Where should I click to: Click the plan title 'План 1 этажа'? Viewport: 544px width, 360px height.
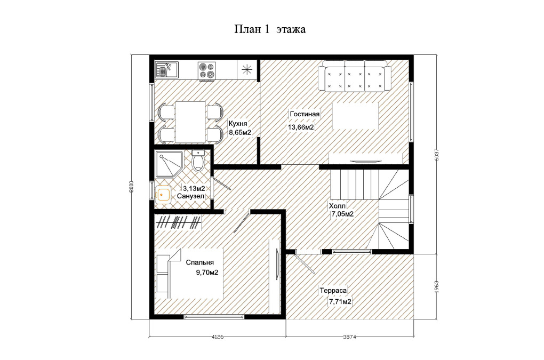click(270, 29)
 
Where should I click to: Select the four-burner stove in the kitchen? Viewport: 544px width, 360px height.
click(207, 70)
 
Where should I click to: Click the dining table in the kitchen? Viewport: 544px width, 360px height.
click(190, 122)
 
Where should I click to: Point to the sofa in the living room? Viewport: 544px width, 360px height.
click(355, 76)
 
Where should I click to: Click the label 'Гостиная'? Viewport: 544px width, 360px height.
click(305, 114)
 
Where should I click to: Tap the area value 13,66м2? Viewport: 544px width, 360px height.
click(301, 127)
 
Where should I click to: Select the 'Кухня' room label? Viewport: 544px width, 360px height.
click(238, 124)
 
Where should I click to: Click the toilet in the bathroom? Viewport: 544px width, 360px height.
click(198, 161)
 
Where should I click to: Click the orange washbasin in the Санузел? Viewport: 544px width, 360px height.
click(163, 195)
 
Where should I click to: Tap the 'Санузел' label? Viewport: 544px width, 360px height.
click(190, 196)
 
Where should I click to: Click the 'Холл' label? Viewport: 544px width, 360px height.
click(337, 206)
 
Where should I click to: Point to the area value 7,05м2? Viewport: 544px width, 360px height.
click(342, 214)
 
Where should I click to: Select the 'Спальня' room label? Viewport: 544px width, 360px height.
click(200, 262)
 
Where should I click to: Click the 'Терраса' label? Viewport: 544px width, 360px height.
click(333, 290)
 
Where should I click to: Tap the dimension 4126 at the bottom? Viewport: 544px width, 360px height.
click(218, 337)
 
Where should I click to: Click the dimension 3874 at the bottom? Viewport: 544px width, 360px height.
click(350, 337)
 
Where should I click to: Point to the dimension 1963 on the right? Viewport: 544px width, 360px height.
click(437, 287)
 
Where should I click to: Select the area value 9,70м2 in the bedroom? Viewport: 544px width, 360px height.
click(207, 273)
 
